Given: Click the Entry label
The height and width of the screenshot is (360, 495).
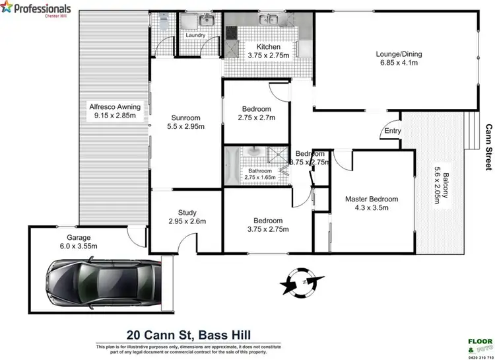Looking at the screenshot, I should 393,131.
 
